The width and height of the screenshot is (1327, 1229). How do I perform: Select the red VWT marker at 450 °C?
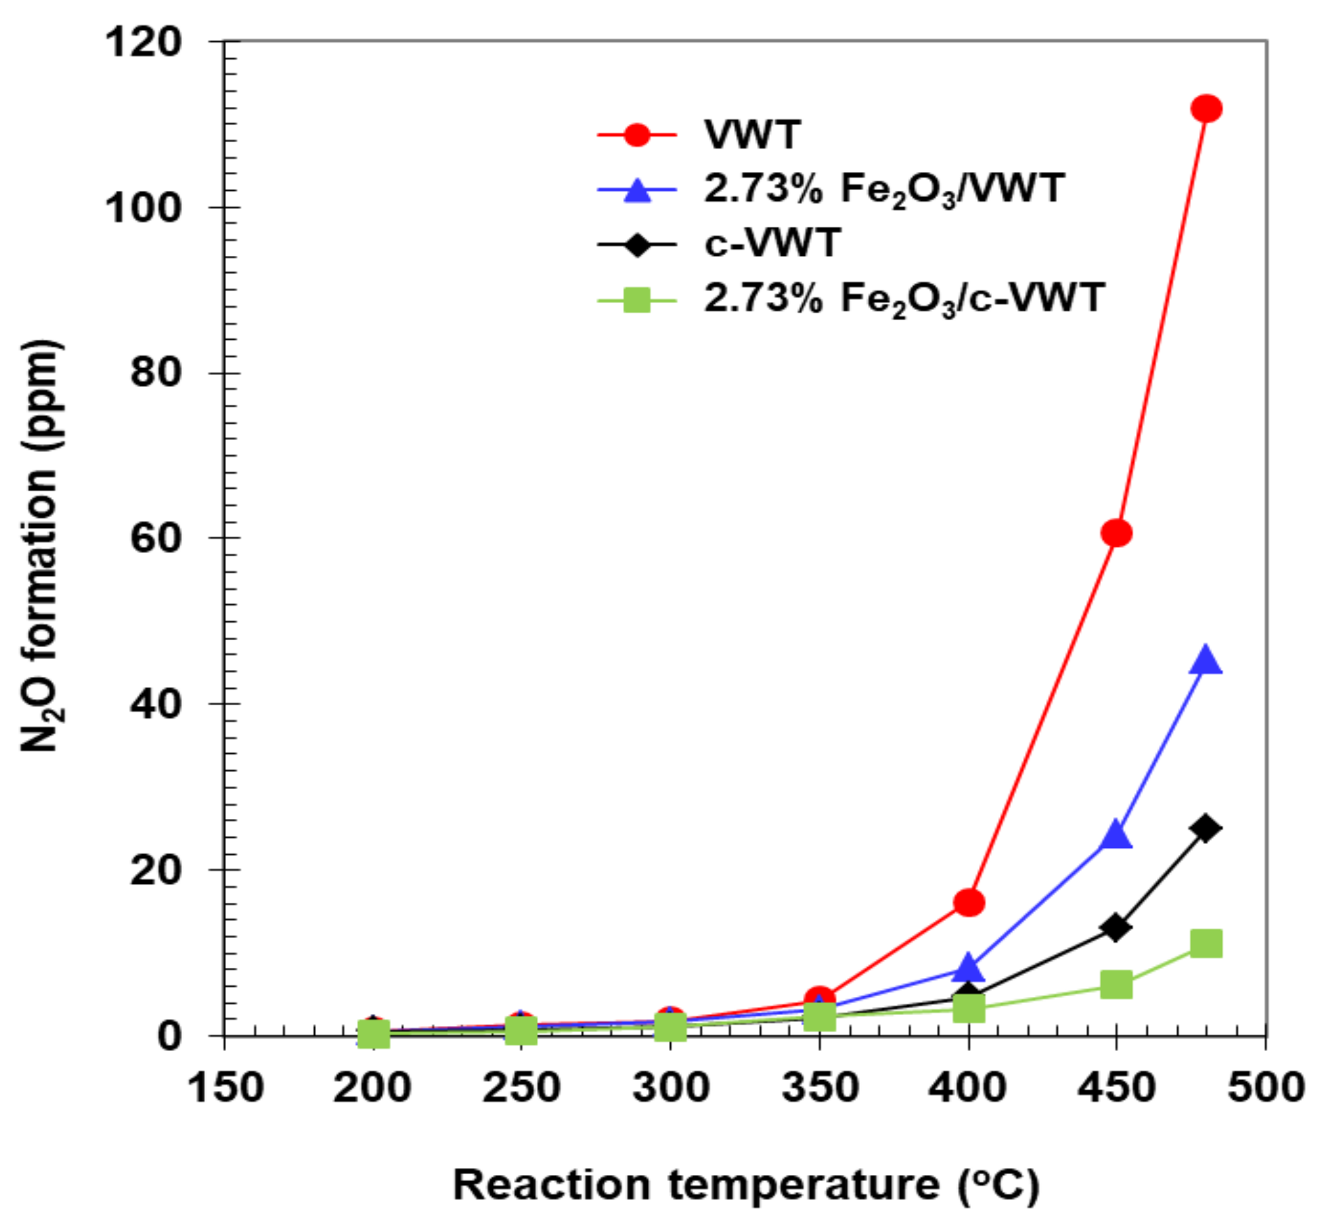tap(1116, 533)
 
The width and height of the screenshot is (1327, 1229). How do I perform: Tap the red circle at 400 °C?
tap(969, 903)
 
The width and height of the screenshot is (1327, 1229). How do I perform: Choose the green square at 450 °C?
tap(1116, 985)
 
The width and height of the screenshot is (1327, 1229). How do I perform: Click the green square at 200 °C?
tap(373, 1034)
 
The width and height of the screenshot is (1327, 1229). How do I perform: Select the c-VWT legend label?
tap(773, 243)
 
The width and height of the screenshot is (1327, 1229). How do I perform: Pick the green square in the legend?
tap(636, 300)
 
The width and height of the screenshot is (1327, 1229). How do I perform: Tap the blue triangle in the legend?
tap(636, 190)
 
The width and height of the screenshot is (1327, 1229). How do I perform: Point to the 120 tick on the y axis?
tap(143, 42)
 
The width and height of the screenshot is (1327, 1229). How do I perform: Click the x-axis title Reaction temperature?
tap(745, 1185)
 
